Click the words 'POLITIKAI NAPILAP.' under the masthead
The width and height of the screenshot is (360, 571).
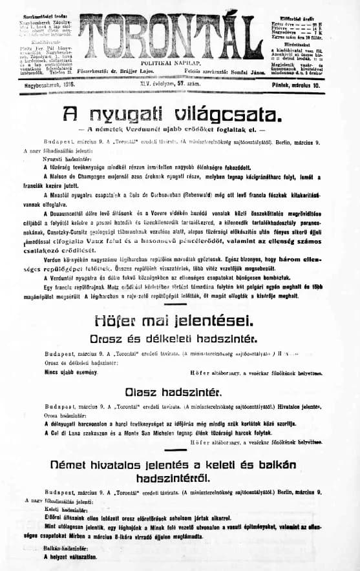click(x=180, y=65)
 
